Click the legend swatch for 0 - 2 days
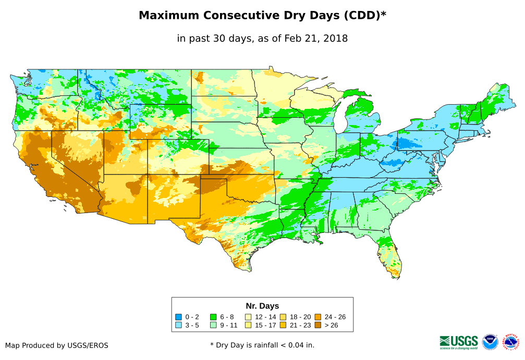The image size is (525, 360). tap(179, 317)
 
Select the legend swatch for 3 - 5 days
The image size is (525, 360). tap(179, 325)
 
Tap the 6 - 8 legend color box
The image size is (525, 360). tap(213, 317)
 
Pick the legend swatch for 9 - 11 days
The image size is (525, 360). tap(213, 325)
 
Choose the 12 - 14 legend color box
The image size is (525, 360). tap(248, 317)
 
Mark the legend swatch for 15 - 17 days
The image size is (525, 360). tap(248, 325)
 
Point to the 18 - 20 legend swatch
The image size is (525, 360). tap(283, 317)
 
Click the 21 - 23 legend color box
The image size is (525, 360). tap(283, 325)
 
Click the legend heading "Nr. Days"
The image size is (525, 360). tap(262, 306)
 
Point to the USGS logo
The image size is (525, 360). tap(459, 342)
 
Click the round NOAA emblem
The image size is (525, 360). tap(490, 342)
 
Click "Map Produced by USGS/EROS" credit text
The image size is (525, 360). tap(57, 345)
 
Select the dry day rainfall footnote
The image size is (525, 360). tap(262, 345)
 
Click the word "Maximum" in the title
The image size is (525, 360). tap(169, 16)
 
